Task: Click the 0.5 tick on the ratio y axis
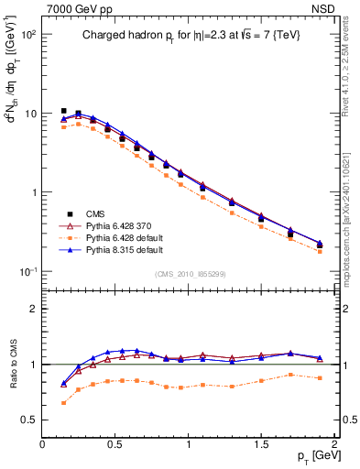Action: point(30,420)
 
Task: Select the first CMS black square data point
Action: point(64,111)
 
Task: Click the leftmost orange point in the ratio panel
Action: point(64,402)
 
